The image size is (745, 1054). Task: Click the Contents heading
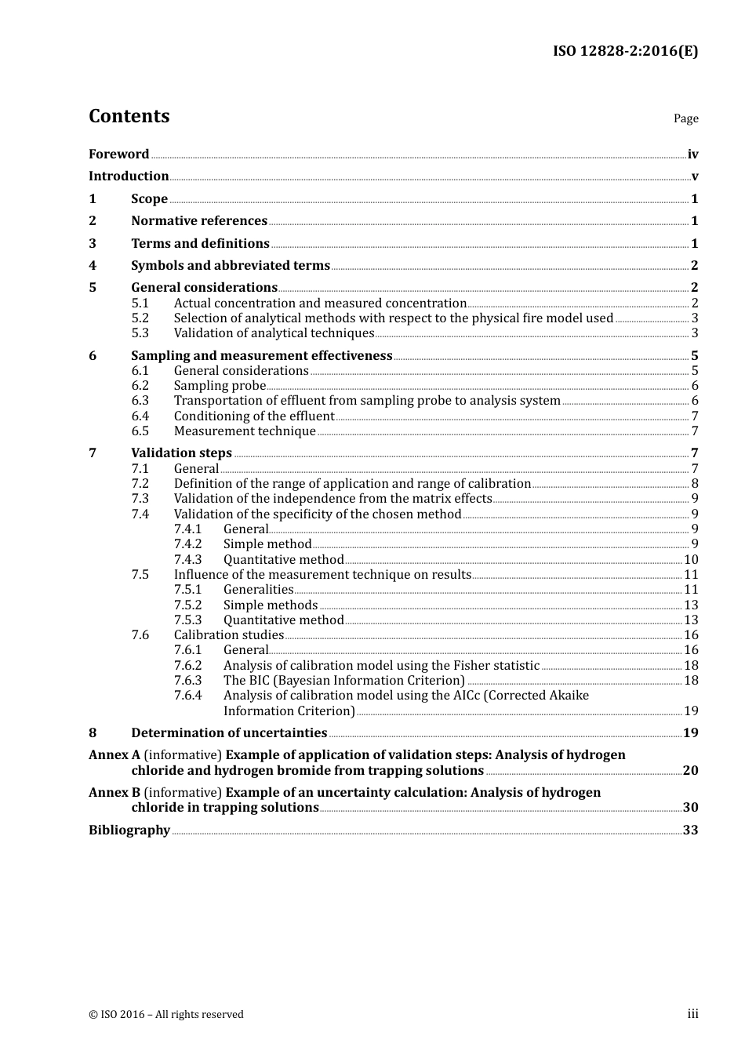pos(129,116)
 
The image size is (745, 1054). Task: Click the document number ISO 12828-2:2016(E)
pos(625,52)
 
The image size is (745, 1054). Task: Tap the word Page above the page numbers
pos(685,118)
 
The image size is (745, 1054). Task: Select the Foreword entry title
pos(118,154)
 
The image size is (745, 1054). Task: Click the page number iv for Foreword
pos(692,154)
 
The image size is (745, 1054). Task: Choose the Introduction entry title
pos(129,176)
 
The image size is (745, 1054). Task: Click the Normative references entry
pos(199,221)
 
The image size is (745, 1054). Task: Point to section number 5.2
pos(140,318)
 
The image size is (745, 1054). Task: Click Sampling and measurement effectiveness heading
pos(261,356)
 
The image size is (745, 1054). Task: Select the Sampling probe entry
pos(220,386)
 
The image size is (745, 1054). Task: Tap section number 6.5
pos(140,431)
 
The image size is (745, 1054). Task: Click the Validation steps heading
pos(181,453)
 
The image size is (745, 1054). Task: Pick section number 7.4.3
pos(187,560)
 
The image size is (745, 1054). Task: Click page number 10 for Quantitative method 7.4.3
pos(691,560)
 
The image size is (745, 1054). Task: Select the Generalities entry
pos(258,590)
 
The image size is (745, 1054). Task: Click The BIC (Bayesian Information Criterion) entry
pos(343,681)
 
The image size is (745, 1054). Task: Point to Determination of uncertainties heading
pos(229,733)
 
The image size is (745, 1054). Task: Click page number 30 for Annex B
pos(690,808)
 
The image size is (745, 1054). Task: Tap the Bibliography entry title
pos(129,830)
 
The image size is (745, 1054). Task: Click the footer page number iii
pos(692,1014)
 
